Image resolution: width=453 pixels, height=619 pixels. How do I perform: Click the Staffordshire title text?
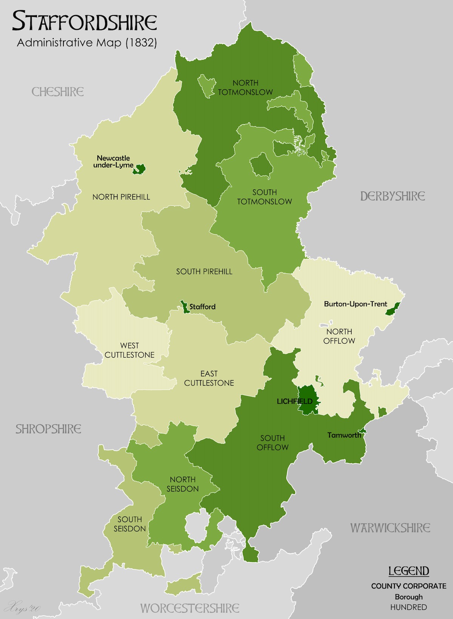[x=85, y=22]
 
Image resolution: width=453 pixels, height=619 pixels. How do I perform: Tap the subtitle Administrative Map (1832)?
[x=87, y=43]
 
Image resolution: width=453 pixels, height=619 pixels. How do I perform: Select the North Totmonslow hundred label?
[x=245, y=88]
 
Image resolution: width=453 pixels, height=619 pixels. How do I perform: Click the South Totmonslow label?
[x=265, y=197]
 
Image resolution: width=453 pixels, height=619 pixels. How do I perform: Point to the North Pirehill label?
[x=121, y=197]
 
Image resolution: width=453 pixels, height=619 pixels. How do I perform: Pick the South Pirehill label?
[x=204, y=272]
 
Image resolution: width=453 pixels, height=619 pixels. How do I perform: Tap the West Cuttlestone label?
[x=129, y=350]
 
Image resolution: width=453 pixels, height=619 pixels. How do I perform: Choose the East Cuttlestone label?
[x=209, y=378]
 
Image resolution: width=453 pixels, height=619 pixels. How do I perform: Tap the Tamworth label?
[x=344, y=435]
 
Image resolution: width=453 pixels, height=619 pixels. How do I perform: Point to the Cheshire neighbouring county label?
[x=57, y=92]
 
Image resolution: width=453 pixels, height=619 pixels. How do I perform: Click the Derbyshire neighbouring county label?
[x=392, y=196]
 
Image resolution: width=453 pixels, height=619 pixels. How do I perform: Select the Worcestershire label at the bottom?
[x=190, y=608]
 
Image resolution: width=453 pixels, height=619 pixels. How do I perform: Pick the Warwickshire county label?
[x=390, y=528]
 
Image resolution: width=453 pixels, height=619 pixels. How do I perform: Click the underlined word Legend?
[x=409, y=571]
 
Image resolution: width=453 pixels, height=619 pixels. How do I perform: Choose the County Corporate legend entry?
[x=408, y=586]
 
